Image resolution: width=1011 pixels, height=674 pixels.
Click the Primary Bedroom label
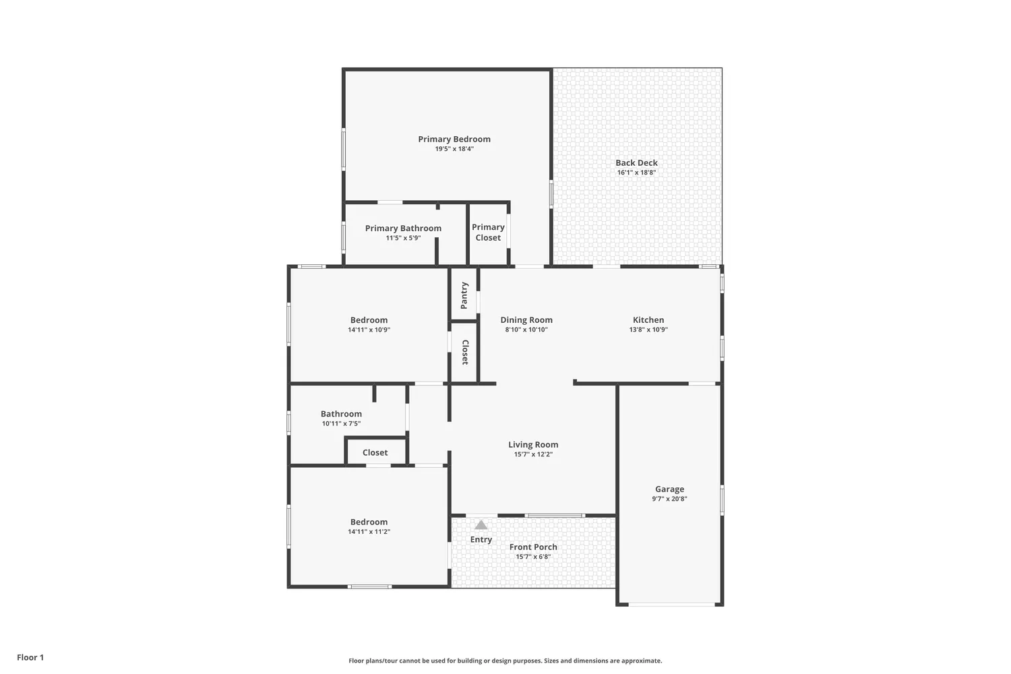click(454, 139)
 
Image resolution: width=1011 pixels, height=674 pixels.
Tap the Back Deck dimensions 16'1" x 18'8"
click(636, 173)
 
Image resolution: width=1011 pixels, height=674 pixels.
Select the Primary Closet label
click(488, 233)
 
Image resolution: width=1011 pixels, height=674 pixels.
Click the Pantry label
click(464, 295)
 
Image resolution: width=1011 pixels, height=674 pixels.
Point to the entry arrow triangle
click(481, 524)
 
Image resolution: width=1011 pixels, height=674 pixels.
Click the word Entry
click(481, 539)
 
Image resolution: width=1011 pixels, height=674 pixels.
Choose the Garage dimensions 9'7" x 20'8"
click(669, 499)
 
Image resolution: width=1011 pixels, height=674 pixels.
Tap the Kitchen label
click(648, 320)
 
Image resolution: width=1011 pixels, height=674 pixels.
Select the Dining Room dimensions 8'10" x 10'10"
click(526, 330)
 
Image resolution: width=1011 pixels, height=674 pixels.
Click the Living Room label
click(532, 444)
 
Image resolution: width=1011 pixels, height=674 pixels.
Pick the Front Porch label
click(532, 547)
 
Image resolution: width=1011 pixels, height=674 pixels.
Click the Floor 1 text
click(30, 657)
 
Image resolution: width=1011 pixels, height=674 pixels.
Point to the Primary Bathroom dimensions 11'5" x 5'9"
click(403, 238)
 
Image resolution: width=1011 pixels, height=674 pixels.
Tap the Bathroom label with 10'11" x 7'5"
click(341, 414)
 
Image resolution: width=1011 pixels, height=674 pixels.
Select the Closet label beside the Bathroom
click(375, 452)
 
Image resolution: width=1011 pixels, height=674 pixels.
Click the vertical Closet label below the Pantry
click(464, 353)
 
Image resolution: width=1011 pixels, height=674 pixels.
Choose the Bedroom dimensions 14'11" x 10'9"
click(369, 330)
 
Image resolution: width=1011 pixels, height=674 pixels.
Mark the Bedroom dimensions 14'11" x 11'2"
click(369, 532)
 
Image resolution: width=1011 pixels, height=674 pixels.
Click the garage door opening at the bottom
click(669, 605)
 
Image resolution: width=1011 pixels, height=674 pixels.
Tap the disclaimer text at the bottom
click(505, 661)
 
